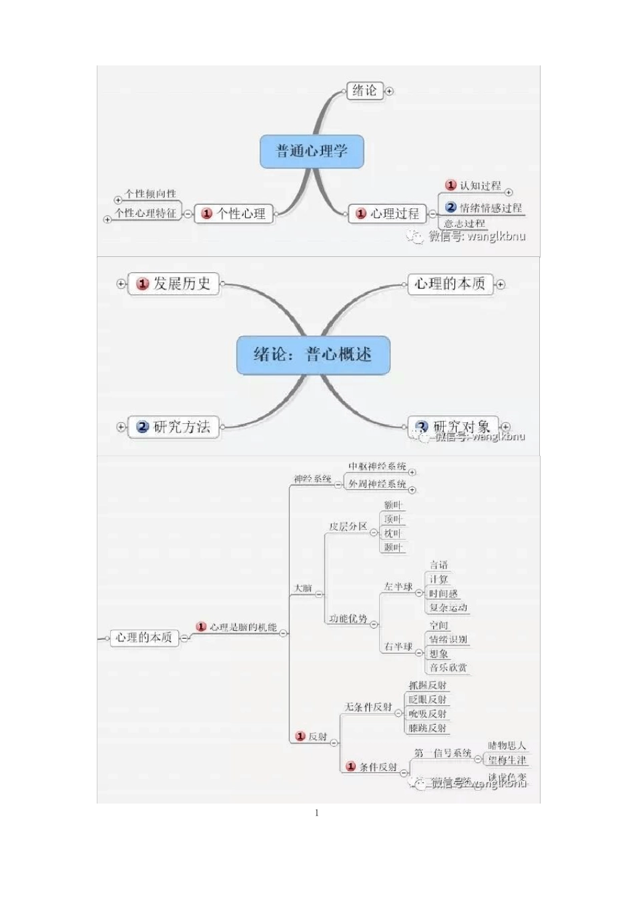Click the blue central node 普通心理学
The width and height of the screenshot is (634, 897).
pos(312,151)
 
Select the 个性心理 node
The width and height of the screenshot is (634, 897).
pos(234,214)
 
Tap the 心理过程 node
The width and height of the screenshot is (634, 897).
pos(388,214)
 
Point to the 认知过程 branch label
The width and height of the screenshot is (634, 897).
pos(480,186)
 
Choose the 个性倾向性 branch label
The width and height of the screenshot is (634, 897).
pos(150,194)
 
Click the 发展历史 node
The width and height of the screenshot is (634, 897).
pos(174,284)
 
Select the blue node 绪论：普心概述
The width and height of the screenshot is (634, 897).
pos(313,354)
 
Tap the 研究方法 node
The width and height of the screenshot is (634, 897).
pos(174,426)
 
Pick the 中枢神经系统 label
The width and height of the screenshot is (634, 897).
pos(377,467)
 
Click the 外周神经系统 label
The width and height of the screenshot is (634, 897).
pos(377,484)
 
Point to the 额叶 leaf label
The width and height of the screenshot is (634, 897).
pos(393,505)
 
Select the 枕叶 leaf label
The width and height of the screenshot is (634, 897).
pos(393,533)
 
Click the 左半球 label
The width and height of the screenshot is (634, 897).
pos(398,587)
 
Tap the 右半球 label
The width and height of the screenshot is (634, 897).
pos(398,647)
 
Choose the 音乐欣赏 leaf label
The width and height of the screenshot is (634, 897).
pos(448,667)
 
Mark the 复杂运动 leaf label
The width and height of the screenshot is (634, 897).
pos(448,607)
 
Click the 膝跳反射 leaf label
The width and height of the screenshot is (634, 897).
pos(428,728)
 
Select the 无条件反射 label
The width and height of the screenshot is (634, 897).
pos(368,707)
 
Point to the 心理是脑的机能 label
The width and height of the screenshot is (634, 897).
pos(242,627)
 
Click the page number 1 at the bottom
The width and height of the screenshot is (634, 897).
pos(316,813)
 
